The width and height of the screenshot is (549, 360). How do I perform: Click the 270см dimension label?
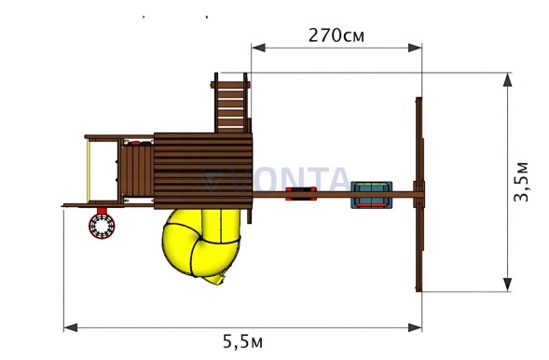[x=336, y=35]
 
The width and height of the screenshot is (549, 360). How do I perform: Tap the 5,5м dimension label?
[x=242, y=341]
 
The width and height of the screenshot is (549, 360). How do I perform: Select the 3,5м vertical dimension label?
[x=521, y=182]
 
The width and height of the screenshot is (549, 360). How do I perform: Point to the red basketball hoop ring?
[x=102, y=226]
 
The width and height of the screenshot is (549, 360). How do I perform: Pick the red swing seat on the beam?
[x=301, y=194]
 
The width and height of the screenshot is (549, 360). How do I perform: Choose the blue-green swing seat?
[x=372, y=195]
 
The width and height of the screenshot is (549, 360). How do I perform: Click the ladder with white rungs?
[x=231, y=104]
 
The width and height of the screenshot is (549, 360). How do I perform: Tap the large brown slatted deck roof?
[x=203, y=171]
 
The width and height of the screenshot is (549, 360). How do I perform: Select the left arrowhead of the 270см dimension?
[x=258, y=48]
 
